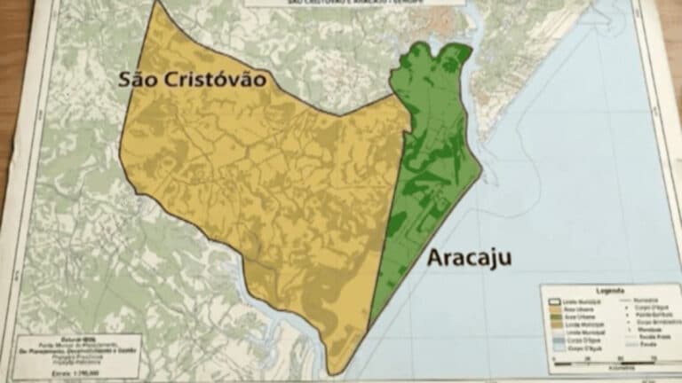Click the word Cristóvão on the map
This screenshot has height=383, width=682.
(x=214, y=80)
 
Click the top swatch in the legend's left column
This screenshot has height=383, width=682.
(x=555, y=301)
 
